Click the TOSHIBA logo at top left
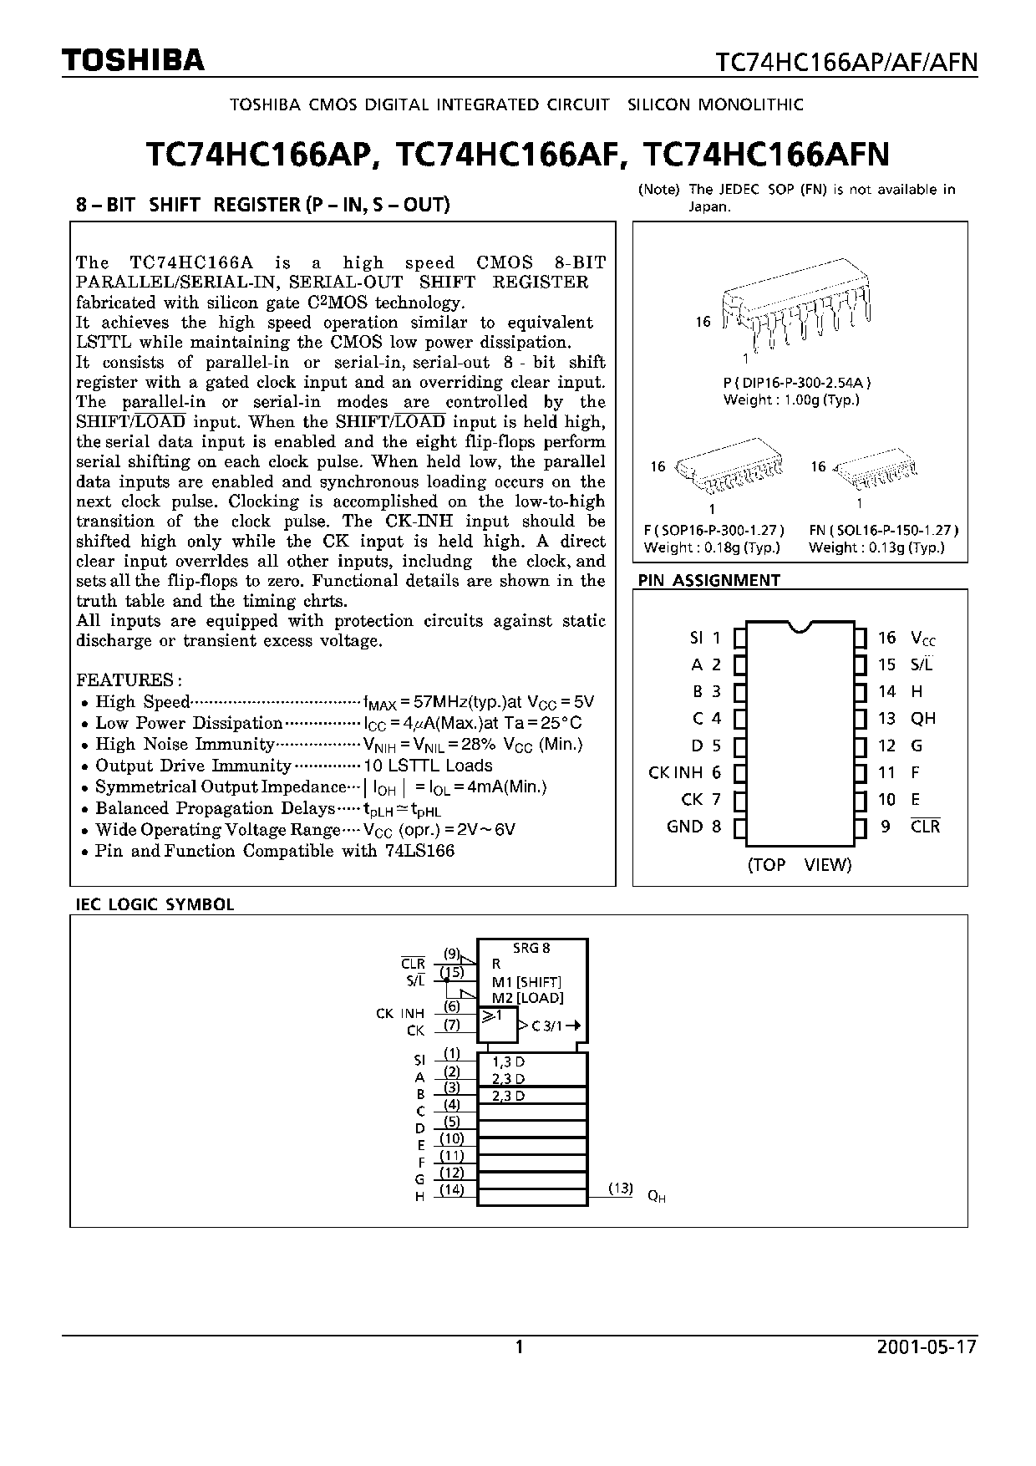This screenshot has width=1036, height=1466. click(x=133, y=61)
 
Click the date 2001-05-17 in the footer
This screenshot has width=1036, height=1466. click(x=927, y=1346)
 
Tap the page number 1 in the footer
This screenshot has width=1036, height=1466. click(x=519, y=1346)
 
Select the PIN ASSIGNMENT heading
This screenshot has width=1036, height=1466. click(x=708, y=580)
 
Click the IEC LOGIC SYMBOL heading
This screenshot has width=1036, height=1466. click(x=155, y=904)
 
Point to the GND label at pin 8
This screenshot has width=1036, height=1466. click(x=684, y=826)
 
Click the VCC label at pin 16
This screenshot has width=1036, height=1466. click(x=922, y=639)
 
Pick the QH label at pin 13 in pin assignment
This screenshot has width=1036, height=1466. click(x=923, y=718)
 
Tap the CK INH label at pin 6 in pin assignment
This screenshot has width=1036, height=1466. click(x=675, y=772)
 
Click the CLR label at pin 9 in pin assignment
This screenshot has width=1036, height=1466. click(x=925, y=826)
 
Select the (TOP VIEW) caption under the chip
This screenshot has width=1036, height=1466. click(x=799, y=864)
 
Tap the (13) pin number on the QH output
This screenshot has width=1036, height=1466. click(x=620, y=1188)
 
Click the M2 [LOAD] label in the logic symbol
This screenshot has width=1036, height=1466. click(x=527, y=998)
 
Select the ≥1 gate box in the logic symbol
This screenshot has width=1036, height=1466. click(x=495, y=1023)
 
